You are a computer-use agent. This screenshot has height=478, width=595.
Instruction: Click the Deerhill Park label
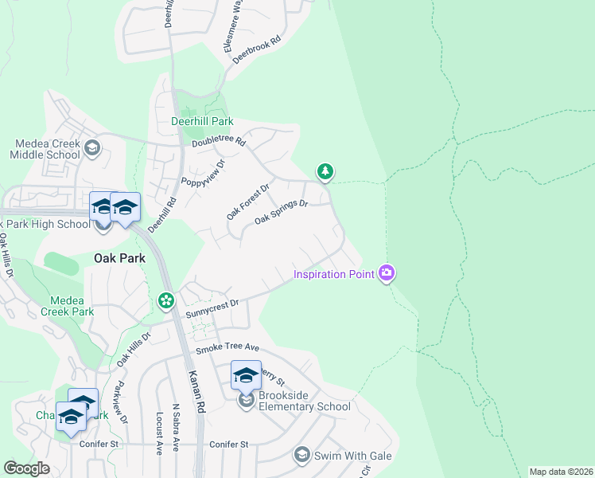coord(202,122)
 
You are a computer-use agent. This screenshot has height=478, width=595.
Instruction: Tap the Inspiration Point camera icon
coord(387,273)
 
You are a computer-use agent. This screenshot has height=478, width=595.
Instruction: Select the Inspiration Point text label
coord(334,275)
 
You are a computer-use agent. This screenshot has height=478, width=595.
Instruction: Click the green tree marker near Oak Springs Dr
coord(325,170)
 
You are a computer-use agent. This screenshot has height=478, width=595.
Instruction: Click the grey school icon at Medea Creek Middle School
coord(92,147)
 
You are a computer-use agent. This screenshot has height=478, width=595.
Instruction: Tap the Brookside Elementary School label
coord(304,406)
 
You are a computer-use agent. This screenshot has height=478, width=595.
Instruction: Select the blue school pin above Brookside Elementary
coord(246,374)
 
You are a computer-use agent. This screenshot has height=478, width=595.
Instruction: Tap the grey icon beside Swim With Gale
coord(301,455)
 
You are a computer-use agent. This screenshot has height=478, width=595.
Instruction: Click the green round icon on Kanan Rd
coord(165,300)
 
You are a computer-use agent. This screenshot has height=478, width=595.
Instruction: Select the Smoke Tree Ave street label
coord(228,348)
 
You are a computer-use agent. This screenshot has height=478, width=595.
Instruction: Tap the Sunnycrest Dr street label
coord(212,309)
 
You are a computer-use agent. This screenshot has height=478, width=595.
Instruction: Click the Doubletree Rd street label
coord(219,144)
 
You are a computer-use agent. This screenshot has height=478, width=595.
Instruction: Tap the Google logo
coord(26,468)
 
